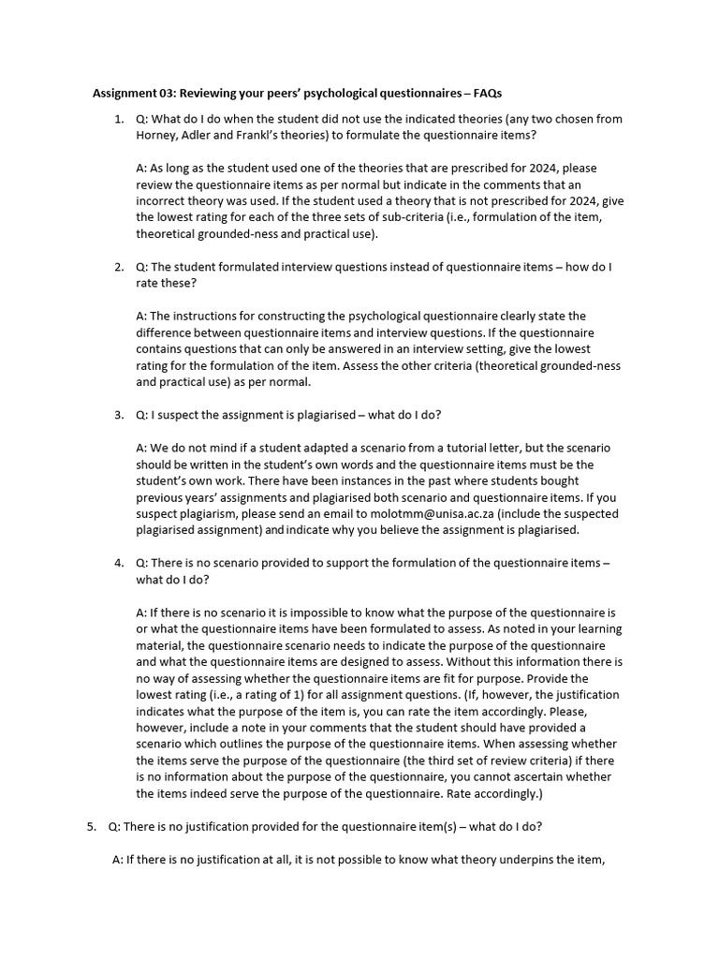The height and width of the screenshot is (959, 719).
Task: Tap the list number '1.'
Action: tap(119, 119)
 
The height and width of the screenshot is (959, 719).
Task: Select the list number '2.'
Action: tap(119, 267)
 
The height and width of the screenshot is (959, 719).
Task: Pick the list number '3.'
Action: tap(119, 415)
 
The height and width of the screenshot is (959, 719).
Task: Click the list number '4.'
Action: tap(119, 563)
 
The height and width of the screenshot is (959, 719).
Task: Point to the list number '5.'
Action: tap(92, 826)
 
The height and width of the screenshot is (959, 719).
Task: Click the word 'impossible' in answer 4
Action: tap(315, 612)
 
